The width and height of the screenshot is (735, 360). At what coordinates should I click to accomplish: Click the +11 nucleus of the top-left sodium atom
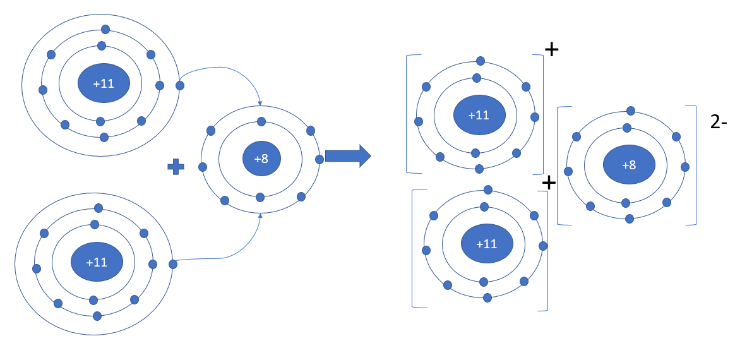click(104, 83)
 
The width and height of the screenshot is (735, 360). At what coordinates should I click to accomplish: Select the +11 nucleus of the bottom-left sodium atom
click(96, 262)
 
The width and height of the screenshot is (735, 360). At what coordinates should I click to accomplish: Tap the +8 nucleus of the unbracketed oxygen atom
click(261, 159)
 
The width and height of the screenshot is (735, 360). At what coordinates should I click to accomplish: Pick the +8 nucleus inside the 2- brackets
click(628, 165)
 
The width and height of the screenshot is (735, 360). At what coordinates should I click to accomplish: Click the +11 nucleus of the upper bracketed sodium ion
click(479, 115)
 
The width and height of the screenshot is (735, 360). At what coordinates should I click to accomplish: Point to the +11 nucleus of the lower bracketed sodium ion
click(486, 244)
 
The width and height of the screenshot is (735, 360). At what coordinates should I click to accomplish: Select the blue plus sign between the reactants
click(176, 167)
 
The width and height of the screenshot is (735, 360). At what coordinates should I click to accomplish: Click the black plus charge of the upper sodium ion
click(551, 50)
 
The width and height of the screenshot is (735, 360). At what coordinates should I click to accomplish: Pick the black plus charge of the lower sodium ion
click(549, 183)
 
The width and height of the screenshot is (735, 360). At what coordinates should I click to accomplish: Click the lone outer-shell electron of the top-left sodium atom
click(180, 85)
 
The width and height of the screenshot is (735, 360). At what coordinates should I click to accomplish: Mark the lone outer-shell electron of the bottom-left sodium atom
click(172, 264)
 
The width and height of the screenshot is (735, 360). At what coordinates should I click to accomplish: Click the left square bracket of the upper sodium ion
click(408, 114)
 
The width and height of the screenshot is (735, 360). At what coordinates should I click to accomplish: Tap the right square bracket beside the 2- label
click(694, 164)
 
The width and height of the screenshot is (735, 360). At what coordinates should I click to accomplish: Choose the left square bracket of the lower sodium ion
click(414, 248)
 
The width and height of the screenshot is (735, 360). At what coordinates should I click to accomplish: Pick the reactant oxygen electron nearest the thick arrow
click(320, 159)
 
